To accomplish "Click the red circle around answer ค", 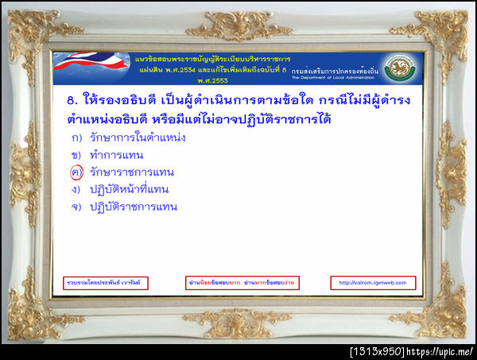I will [x=76, y=172].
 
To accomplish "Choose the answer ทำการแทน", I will [x=116, y=155].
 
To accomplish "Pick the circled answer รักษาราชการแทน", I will [x=132, y=172].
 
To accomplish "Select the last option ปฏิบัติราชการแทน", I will [x=133, y=207].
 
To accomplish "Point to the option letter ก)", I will [x=76, y=137].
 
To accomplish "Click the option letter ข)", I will [x=76, y=155].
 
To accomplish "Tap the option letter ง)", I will [x=76, y=189].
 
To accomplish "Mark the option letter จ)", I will [x=76, y=207].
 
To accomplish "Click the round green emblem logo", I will [x=399, y=68].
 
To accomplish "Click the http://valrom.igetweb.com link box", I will [x=372, y=283].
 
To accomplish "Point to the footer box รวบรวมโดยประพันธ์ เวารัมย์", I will [x=106, y=283].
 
